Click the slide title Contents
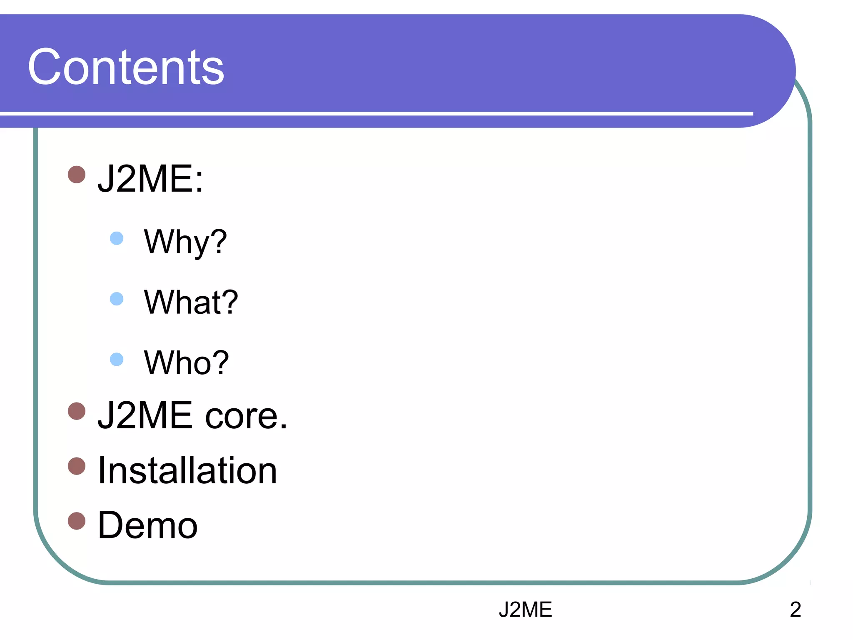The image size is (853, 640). point(126,67)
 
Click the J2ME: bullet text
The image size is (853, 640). point(150,179)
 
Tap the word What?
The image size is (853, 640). point(191,302)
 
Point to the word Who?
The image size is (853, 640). point(186,362)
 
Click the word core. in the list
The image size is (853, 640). point(246,415)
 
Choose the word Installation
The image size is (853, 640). point(187,470)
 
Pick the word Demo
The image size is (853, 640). point(147,525)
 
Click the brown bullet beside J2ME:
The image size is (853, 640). point(77,175)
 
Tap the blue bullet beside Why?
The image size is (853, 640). point(117,238)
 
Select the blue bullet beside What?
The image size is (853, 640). point(117,299)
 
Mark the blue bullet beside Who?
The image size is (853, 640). point(117,359)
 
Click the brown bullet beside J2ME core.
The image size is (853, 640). point(77,411)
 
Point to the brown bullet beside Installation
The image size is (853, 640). point(77,466)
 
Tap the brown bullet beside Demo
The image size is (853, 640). point(77,521)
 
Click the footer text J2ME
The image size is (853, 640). point(525,610)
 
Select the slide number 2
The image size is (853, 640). point(795,610)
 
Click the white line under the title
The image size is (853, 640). point(375,113)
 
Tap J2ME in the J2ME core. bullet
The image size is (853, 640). point(145,415)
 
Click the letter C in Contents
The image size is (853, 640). point(45,67)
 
